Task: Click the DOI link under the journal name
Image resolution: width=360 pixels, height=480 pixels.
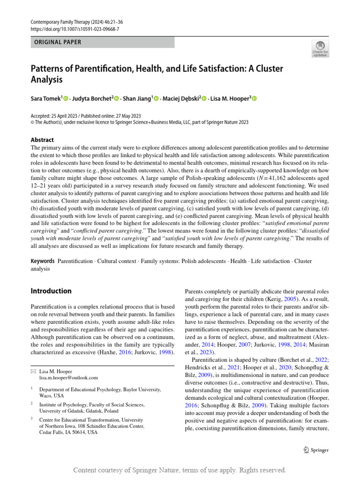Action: pyautogui.click(x=75, y=29)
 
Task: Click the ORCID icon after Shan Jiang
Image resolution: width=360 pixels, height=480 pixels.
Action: pyautogui.click(x=156, y=98)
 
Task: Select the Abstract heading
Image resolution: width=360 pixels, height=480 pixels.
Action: pyautogui.click(x=42, y=140)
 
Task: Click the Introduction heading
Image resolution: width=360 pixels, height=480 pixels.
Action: pyautogui.click(x=51, y=291)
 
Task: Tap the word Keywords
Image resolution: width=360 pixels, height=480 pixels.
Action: pyautogui.click(x=42, y=261)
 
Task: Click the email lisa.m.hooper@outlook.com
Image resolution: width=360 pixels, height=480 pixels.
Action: pyautogui.click(x=68, y=377)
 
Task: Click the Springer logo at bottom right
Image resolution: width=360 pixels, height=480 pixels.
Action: pyautogui.click(x=316, y=450)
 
